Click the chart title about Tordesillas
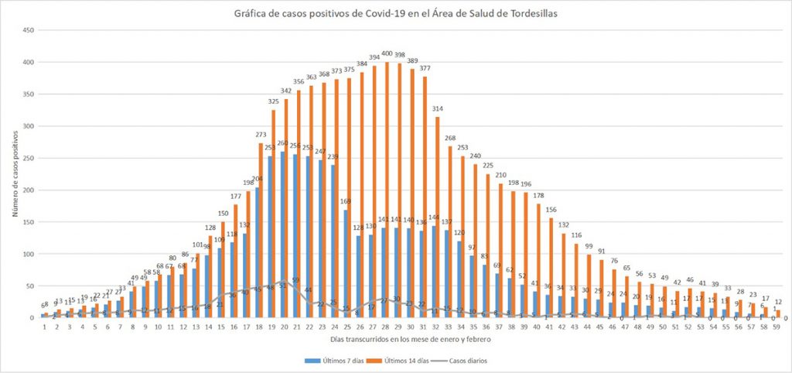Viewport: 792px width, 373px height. [x=395, y=13]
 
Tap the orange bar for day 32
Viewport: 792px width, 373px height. [x=438, y=217]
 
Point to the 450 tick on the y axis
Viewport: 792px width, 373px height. [x=29, y=30]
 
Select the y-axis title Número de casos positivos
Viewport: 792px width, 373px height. [x=15, y=174]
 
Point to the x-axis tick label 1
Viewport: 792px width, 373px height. [x=46, y=327]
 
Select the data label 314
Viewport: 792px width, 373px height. [x=437, y=108]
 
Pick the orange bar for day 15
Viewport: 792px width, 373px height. [x=224, y=270]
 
